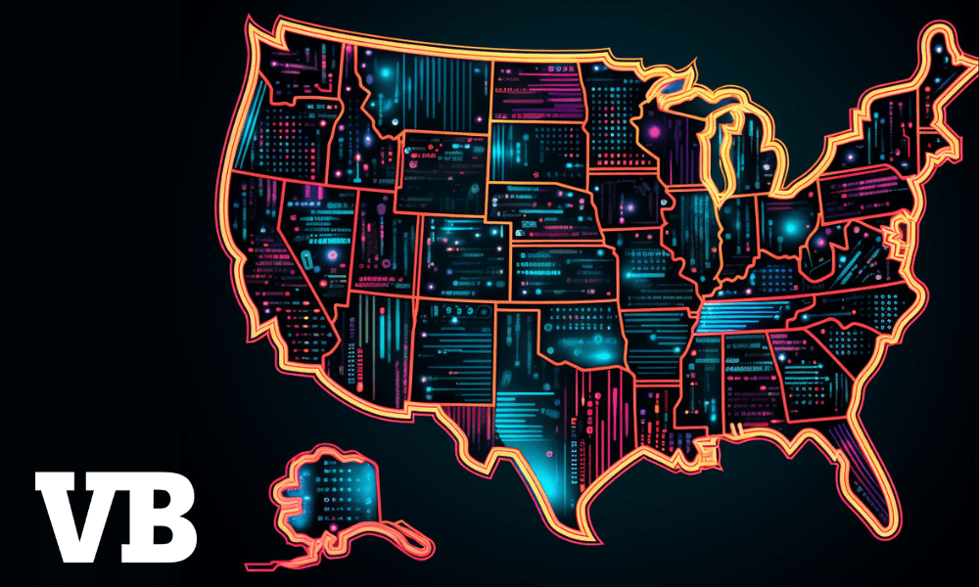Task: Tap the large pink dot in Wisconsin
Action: [654, 129]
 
